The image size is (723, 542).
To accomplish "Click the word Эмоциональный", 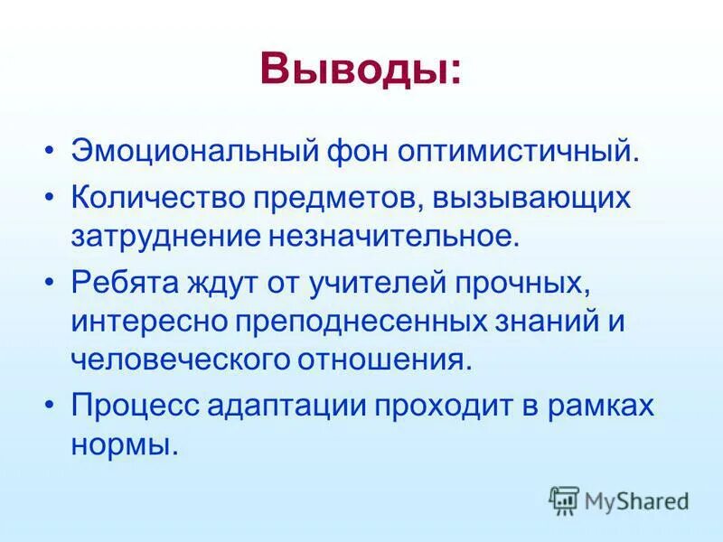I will click(181, 149).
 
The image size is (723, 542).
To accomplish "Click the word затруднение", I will click(163, 237).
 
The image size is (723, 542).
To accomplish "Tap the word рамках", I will click(601, 406).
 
